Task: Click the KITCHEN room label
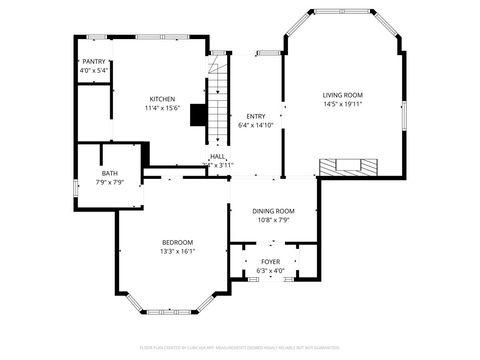(163, 99)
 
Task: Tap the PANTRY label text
(94, 62)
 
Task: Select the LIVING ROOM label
(342, 95)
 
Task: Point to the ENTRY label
(256, 117)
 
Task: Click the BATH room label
(109, 173)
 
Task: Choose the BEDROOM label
(178, 243)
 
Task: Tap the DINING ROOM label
(272, 211)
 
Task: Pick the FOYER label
(270, 261)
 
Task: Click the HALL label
(217, 156)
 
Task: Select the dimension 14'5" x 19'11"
(342, 104)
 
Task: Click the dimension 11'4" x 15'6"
(163, 108)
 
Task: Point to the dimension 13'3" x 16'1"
(178, 252)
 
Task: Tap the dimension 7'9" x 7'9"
(109, 182)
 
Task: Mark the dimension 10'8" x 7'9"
(272, 220)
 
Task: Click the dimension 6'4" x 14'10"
(256, 126)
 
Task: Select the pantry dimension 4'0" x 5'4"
(94, 71)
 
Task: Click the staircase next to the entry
(219, 100)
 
